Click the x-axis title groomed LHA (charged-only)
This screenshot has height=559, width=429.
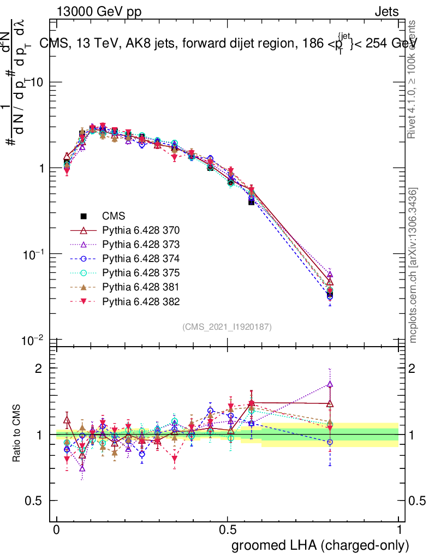tap(321, 545)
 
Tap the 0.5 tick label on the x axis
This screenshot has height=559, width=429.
tap(228, 530)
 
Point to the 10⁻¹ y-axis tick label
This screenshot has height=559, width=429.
tap(34, 254)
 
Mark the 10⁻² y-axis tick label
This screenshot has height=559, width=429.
tap(34, 340)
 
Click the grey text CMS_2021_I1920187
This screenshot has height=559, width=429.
tap(227, 327)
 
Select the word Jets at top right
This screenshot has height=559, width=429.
tap(386, 11)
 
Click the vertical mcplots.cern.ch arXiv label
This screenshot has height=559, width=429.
tap(414, 265)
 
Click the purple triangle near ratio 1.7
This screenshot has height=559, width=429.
tap(330, 384)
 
